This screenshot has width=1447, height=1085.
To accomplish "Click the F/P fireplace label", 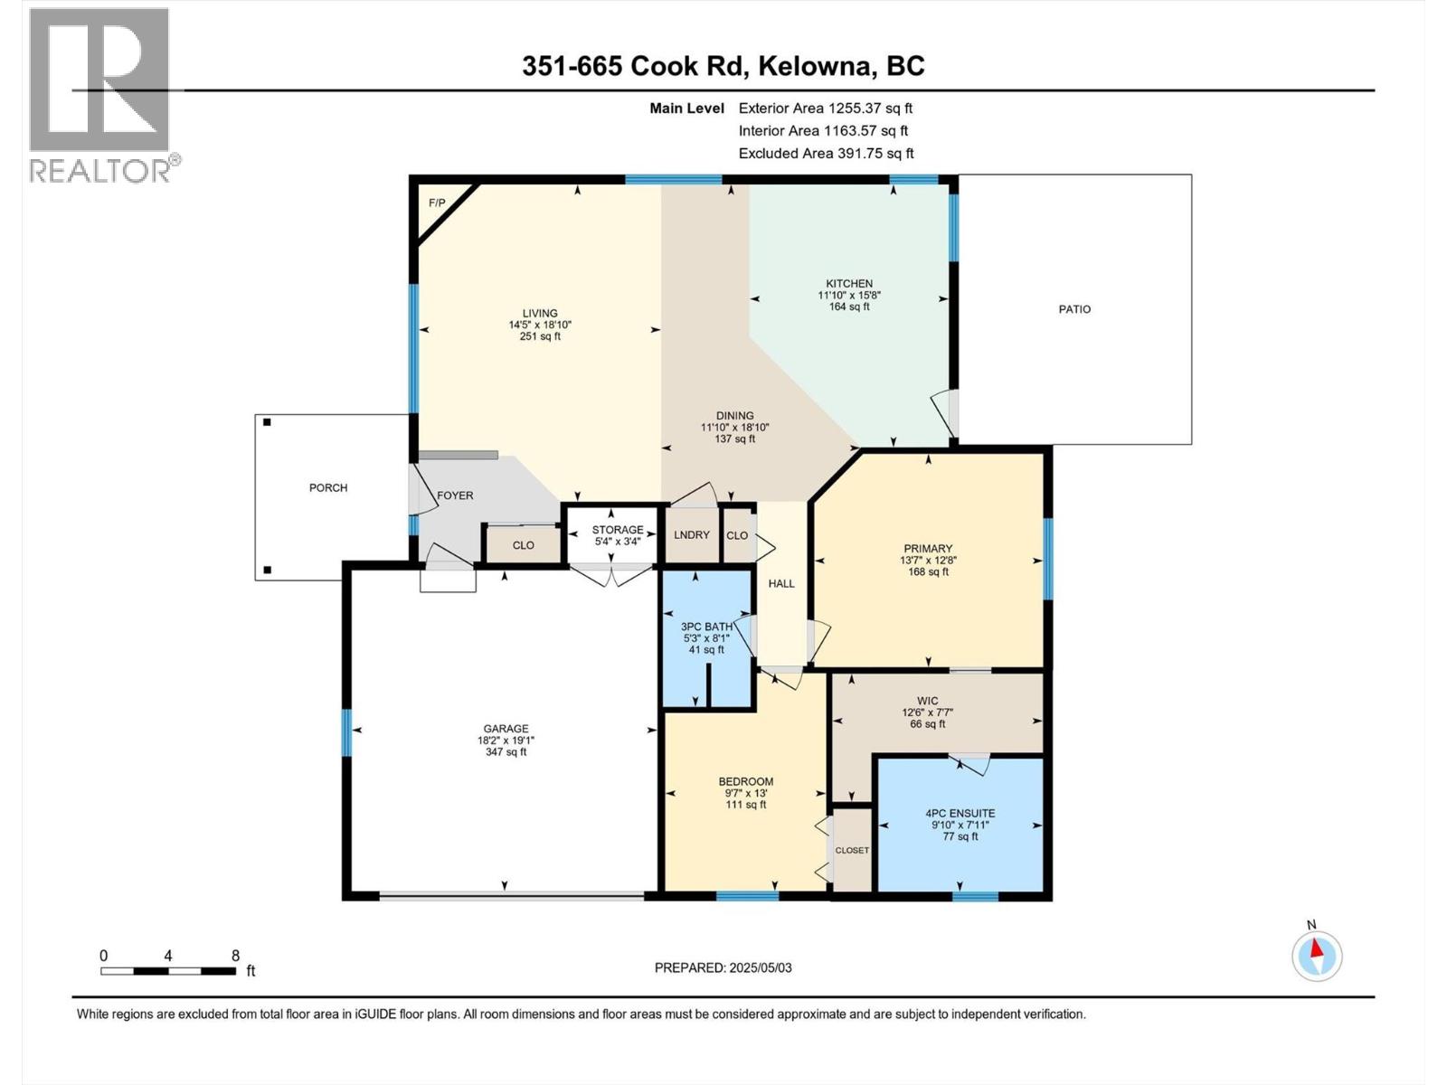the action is click(437, 203).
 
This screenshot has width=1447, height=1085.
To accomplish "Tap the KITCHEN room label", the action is click(849, 283).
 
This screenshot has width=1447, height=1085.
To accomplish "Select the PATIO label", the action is click(1074, 309).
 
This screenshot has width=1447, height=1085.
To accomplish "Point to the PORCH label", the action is click(328, 487).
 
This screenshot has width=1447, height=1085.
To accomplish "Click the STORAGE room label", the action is click(617, 530).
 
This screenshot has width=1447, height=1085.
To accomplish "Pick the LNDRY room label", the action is click(692, 535).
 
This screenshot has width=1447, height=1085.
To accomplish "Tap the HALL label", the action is click(781, 584).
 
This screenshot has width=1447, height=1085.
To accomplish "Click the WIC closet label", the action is click(927, 701).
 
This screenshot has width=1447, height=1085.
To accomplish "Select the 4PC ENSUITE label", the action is click(960, 814).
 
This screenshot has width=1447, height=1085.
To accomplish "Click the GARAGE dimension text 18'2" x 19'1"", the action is click(506, 741).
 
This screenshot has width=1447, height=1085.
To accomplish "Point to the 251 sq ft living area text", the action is click(540, 336).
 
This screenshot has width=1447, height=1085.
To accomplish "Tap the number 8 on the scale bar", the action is click(235, 955).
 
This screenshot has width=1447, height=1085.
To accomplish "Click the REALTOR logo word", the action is click(100, 171).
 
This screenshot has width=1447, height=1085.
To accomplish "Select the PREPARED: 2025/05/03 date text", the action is click(723, 967).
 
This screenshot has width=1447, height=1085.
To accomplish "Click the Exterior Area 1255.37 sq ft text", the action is click(826, 108).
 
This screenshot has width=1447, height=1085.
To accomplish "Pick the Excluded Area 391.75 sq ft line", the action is click(826, 154).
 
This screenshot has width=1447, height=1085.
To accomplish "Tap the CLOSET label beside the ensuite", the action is click(852, 851).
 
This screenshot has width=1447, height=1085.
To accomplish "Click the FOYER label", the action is click(455, 495).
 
